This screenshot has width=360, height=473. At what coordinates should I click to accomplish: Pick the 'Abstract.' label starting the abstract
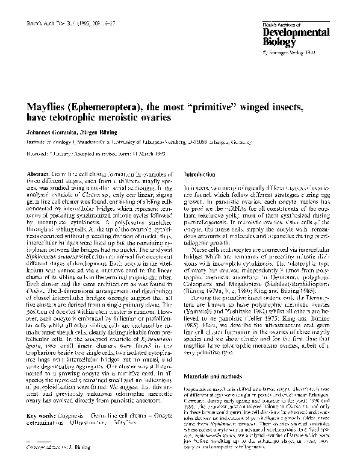(x=37, y=174)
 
